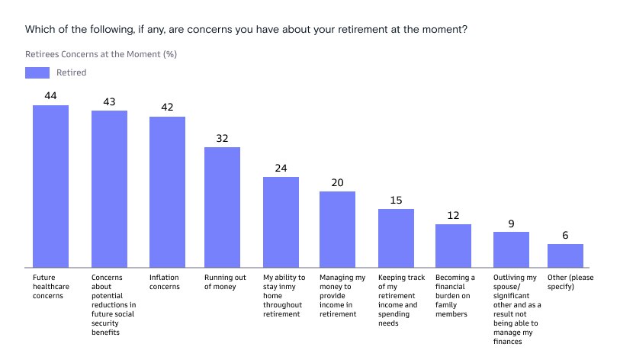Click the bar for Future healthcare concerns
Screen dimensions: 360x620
point(50,186)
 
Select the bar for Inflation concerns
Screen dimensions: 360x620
point(167,191)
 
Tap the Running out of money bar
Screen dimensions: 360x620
point(223,207)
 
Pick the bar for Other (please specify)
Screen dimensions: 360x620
point(565,256)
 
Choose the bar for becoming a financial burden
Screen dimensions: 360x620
point(453,246)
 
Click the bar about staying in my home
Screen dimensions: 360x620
point(281,222)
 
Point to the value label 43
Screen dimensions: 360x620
point(109,101)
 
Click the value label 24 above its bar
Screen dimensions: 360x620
point(281,168)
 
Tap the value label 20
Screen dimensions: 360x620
point(337,182)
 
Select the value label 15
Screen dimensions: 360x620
point(396,200)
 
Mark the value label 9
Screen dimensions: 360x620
point(511,223)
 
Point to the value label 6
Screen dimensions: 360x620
point(565,236)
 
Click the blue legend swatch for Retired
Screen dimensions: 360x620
point(37,72)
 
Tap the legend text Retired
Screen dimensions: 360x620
point(71,72)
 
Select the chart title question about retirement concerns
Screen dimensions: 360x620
point(246,30)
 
